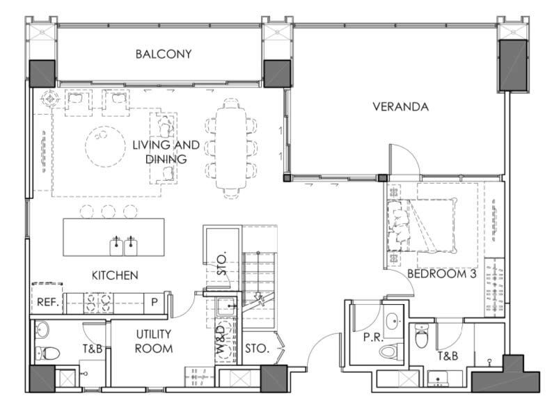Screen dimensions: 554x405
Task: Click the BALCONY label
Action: (164, 54)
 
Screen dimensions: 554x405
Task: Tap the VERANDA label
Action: (401, 106)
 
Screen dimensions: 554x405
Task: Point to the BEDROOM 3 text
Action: (442, 273)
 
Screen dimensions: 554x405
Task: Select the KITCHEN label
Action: (115, 276)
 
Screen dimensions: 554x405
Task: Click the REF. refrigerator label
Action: (48, 302)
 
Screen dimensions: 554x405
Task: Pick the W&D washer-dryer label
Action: (221, 340)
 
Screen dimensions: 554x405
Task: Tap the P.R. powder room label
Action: (373, 337)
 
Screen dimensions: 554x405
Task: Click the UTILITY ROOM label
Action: (154, 341)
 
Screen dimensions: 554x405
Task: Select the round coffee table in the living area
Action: (105, 146)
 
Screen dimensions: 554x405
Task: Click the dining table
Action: (231, 148)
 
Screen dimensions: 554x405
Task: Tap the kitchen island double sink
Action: (124, 246)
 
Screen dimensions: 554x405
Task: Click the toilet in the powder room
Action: (391, 351)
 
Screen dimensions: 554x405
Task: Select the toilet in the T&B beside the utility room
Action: (48, 353)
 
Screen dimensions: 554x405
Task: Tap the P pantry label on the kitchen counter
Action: (155, 302)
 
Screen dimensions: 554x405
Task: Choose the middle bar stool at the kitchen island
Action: (108, 212)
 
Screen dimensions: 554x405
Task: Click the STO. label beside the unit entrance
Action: (258, 349)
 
